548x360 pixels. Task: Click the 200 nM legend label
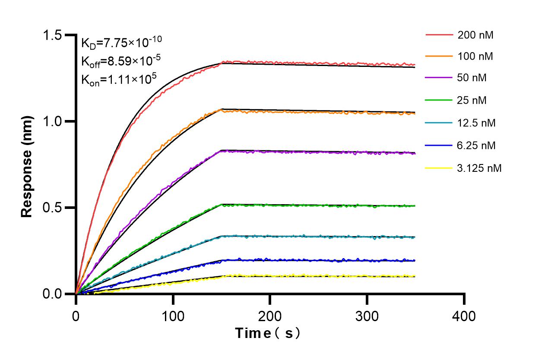coord(475,35)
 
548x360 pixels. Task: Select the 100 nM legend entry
coord(475,56)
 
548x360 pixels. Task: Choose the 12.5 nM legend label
coord(476,123)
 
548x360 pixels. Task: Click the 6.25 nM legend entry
coord(476,145)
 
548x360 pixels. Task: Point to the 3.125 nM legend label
coord(479,168)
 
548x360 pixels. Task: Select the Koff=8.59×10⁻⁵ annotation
coord(121,61)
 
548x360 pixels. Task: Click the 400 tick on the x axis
coord(464,316)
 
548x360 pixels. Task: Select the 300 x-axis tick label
coord(367,316)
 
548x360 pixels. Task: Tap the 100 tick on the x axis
coord(173,316)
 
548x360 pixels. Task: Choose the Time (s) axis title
coord(268,334)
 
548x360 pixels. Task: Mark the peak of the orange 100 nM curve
coord(222,110)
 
